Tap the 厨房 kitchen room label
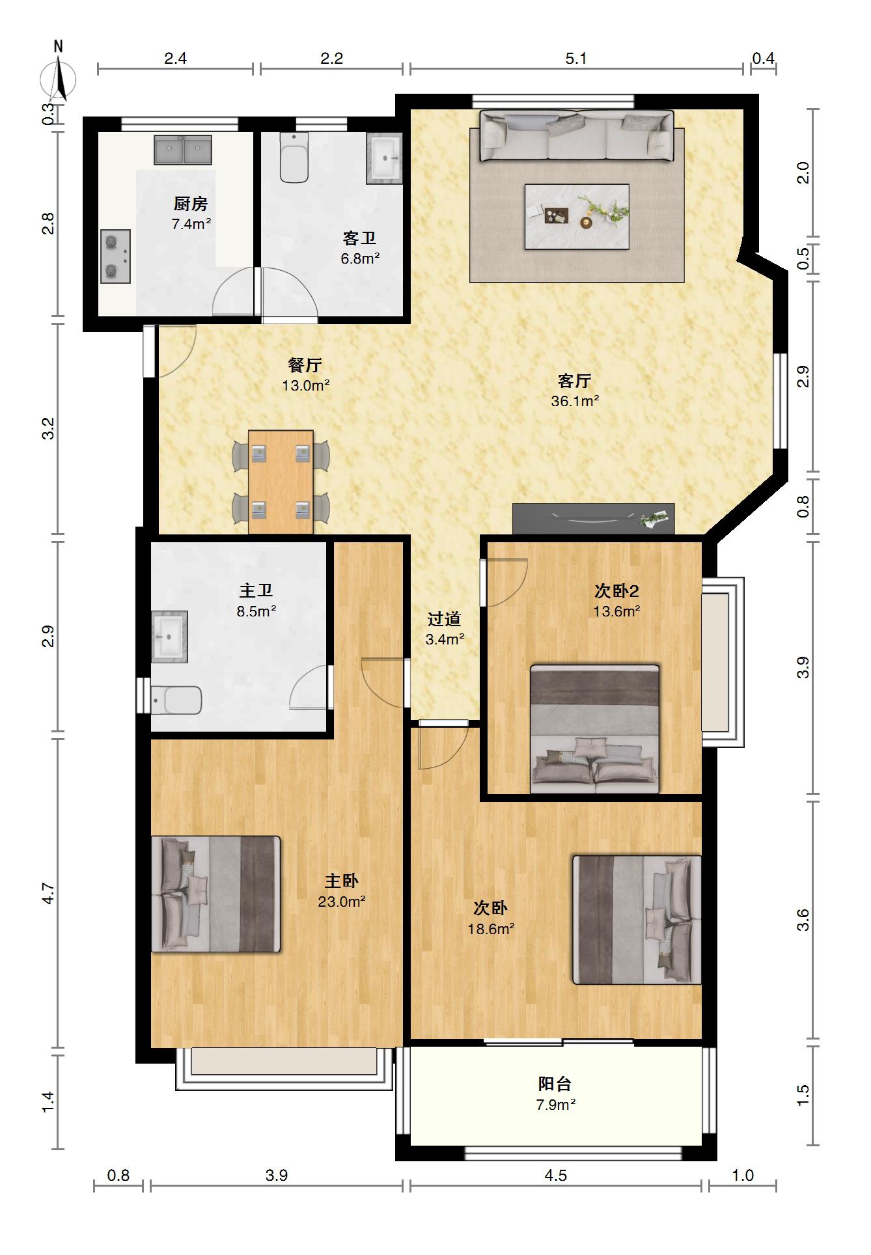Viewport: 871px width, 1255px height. [x=191, y=204]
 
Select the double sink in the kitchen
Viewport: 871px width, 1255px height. [x=183, y=150]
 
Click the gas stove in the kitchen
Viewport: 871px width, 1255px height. [x=115, y=256]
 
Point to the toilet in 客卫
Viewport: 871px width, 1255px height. [x=294, y=158]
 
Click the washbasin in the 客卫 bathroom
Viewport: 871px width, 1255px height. [x=384, y=159]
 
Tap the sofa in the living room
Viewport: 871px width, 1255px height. [x=577, y=136]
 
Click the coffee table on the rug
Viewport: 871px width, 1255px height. [x=577, y=216]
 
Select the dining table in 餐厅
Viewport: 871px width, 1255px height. [x=281, y=482]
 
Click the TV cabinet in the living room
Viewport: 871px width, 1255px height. [x=593, y=519]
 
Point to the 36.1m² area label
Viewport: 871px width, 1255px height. [x=575, y=401]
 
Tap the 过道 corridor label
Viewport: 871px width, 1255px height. [x=445, y=618]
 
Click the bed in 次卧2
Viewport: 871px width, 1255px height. [x=595, y=729]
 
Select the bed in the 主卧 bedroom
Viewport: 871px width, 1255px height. [x=215, y=894]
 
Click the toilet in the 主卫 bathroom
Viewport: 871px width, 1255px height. [x=176, y=700]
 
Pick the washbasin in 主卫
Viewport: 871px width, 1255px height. [x=169, y=637]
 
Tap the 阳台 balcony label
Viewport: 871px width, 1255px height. [x=555, y=1084]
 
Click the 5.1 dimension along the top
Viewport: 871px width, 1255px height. [x=576, y=59]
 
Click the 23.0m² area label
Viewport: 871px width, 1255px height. [x=341, y=902]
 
